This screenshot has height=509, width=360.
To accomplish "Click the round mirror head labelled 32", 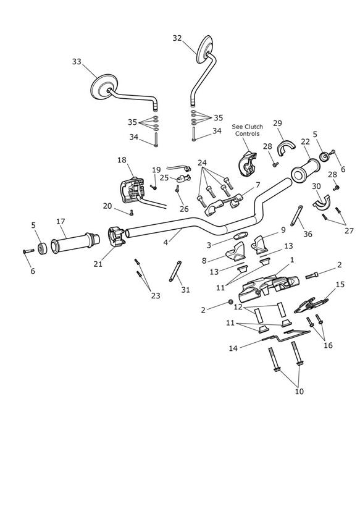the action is (x=204, y=49).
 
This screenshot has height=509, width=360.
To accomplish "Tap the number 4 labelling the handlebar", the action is (x=165, y=242).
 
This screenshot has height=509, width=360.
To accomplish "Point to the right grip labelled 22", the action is (x=305, y=170).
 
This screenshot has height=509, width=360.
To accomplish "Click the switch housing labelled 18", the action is (x=132, y=190).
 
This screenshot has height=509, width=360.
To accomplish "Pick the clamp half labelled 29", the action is (x=286, y=148).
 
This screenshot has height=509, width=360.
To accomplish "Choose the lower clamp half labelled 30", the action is (x=321, y=201).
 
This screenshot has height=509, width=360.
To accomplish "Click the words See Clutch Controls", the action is (x=247, y=130).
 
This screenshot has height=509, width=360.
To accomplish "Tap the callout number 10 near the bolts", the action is (x=299, y=392).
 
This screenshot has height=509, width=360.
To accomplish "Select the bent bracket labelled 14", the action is (x=286, y=335).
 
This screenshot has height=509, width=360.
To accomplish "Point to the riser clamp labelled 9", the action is (x=259, y=244).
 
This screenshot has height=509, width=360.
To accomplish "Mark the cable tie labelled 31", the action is (x=175, y=271).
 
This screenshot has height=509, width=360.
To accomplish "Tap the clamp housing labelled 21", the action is (x=116, y=237).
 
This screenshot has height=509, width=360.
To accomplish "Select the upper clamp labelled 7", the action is (x=224, y=205).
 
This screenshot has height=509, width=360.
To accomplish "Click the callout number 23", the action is (x=156, y=295).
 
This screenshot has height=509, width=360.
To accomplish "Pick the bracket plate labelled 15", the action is (x=311, y=305).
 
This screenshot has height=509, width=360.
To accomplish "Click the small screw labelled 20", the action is (x=132, y=213).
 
